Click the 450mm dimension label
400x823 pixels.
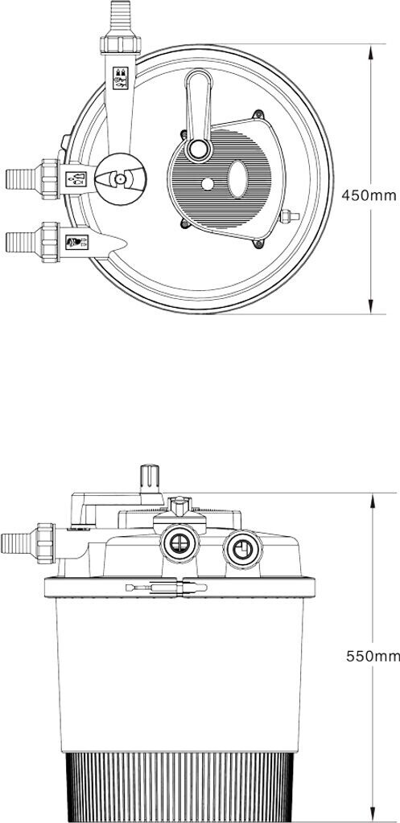pos(369,196)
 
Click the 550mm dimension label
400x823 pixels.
pos(373,656)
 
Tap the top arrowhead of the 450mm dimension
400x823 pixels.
pos(371,51)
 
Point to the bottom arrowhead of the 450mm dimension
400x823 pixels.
pos(371,306)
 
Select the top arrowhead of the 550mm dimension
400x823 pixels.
pos(373,501)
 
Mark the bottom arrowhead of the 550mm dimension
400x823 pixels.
pos(373,814)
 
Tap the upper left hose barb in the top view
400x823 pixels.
pos(20,179)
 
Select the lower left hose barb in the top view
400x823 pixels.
pos(20,241)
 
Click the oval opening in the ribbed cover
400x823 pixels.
pos(238,179)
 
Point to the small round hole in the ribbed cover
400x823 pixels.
pos(208,184)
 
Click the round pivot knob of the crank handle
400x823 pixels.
pos(199,149)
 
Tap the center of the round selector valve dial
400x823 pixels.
pos(121,179)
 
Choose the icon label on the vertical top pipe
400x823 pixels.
pos(121,78)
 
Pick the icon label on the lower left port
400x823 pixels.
pos(76,242)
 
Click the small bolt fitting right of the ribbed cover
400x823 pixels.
pos(289,215)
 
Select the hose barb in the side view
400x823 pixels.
pos(17,543)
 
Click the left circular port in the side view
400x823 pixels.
pos(180,544)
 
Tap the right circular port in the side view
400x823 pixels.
pos(242,549)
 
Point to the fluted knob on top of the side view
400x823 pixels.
pos(150,477)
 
